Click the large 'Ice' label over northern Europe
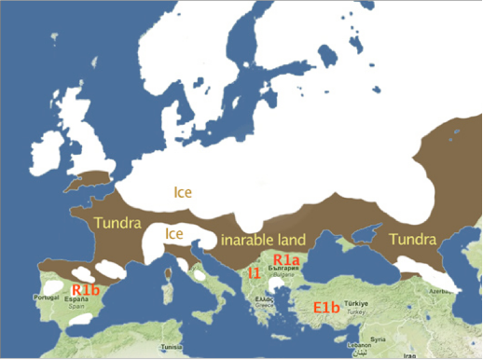point(183,192)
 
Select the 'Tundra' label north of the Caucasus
point(411,239)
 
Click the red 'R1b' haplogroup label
point(85,290)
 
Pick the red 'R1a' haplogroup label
point(285,259)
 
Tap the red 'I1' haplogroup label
point(254,273)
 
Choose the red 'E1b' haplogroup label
point(326,307)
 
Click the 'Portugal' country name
point(46,298)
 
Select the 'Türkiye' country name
point(358,303)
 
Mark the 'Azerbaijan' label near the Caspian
point(466,291)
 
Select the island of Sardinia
point(168,298)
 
